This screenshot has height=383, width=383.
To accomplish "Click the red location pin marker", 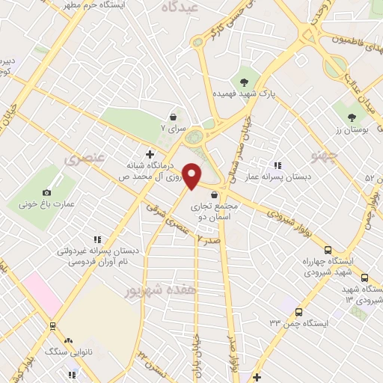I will tap(192, 175).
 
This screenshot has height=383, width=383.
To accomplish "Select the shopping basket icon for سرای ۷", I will tap(174, 117).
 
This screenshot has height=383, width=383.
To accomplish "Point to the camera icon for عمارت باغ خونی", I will tap(47, 192).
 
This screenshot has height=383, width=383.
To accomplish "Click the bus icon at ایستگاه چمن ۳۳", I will tap(299, 311).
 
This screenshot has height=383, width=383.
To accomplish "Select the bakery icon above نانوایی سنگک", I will tap(53, 326).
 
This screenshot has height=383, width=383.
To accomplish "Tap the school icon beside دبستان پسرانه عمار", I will tap(278, 165).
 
